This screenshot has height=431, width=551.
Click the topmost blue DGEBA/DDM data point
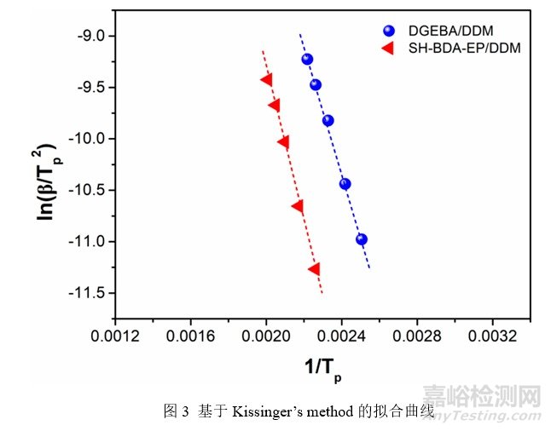307,59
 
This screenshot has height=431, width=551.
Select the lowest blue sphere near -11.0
362,239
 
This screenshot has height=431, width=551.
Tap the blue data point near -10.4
345,183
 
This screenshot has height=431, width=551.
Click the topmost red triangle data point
266,80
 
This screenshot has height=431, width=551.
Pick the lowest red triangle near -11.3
314,269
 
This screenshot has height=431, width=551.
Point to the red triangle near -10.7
297,206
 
